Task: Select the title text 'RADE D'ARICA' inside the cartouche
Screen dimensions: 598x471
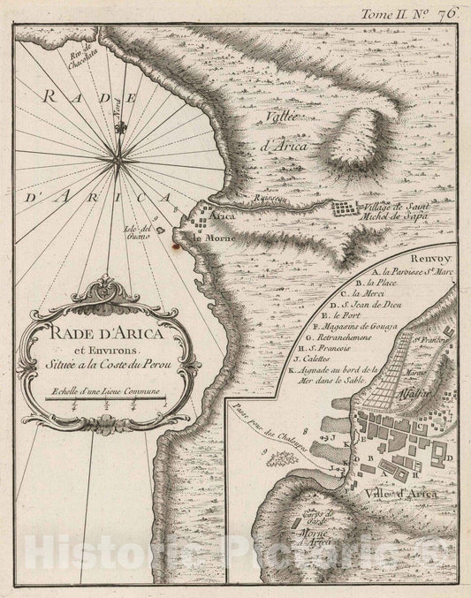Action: (x=105, y=333)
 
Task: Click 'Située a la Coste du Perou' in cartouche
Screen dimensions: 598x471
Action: (x=107, y=362)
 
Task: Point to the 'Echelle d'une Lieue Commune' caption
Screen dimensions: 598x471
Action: (x=104, y=390)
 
